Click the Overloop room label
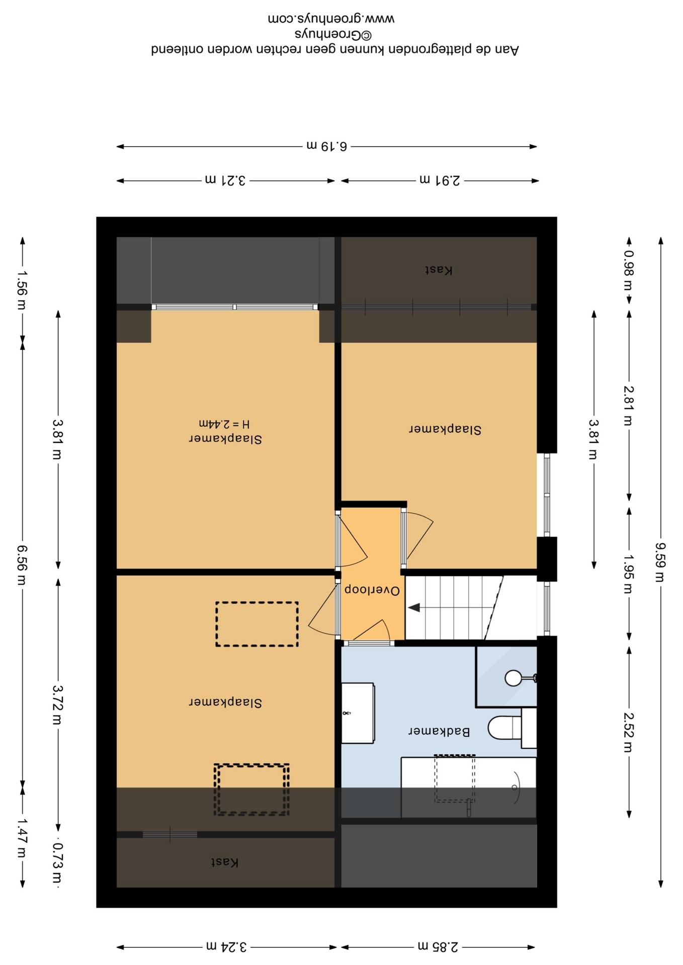tap(372, 590)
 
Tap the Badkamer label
tap(439, 731)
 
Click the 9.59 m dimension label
tap(660, 562)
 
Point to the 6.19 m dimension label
tap(327, 146)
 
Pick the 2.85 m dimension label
tap(438, 947)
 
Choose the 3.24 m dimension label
tap(226, 947)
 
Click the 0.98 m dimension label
tap(629, 270)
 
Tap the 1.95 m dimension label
tap(629, 573)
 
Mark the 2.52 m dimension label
tap(629, 732)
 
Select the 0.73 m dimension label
tap(58, 863)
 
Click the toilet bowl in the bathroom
tap(504, 727)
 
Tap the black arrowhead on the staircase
tap(414, 608)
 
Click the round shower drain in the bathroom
tap(513, 678)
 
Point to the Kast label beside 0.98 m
tap(439, 270)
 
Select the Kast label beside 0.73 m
tap(224, 862)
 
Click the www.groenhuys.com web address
tap(331, 19)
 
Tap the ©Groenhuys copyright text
tap(333, 34)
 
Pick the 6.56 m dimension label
tap(22, 565)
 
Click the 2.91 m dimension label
tap(440, 180)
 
